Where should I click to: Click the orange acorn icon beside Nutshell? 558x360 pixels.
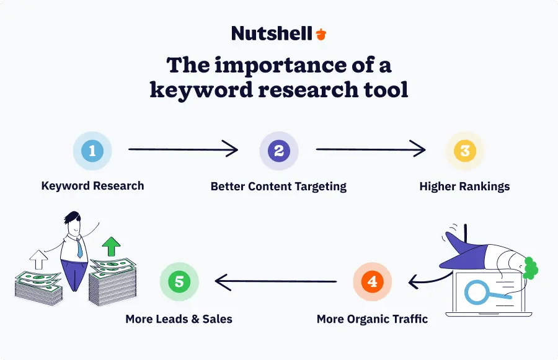tap(321, 33)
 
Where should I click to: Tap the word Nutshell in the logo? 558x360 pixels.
tap(272, 33)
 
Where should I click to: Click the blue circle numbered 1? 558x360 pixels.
tap(92, 151)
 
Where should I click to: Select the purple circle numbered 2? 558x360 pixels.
tap(278, 151)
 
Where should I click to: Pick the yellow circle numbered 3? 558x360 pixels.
tap(465, 151)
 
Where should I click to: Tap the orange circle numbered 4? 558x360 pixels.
tap(372, 282)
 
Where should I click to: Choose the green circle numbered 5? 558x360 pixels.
tap(179, 282)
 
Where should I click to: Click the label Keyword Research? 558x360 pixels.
tap(92, 185)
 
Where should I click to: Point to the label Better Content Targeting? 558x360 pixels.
tap(278, 186)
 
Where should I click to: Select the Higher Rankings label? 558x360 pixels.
tap(464, 186)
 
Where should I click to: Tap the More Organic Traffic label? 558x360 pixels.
tap(372, 319)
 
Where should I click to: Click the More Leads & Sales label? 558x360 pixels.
tap(179, 319)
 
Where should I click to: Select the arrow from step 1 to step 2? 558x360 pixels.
tap(183, 149)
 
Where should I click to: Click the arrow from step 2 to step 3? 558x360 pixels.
tap(371, 149)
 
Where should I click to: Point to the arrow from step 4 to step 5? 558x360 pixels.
tap(276, 282)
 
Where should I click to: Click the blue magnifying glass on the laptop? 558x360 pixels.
tap(480, 292)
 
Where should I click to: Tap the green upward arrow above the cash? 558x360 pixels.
tap(112, 246)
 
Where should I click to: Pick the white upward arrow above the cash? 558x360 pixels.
tap(38, 260)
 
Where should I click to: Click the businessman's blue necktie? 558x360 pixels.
tap(79, 248)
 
